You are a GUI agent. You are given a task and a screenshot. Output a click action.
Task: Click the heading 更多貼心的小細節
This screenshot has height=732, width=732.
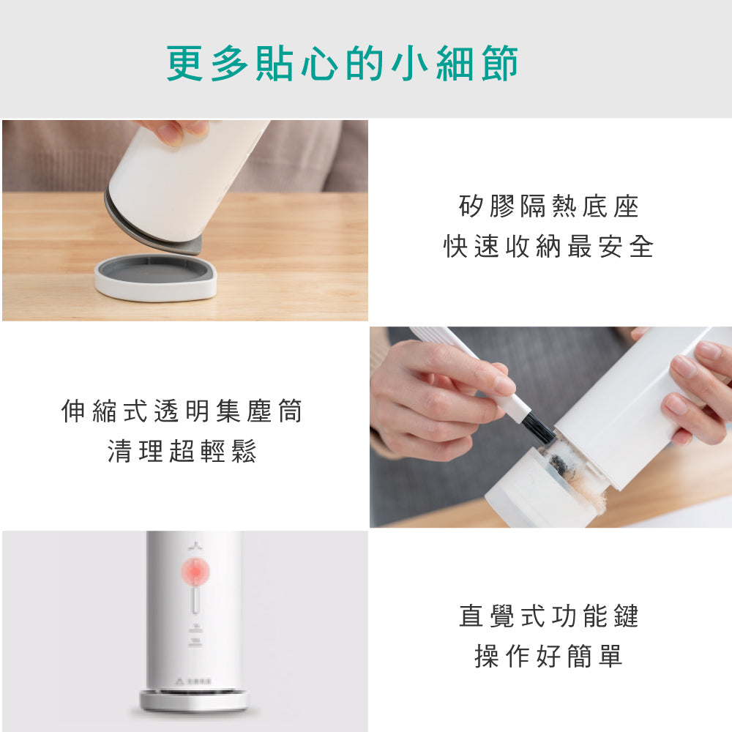tap(343, 63)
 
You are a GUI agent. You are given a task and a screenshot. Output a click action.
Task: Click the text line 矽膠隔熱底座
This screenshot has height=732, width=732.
tap(548, 207)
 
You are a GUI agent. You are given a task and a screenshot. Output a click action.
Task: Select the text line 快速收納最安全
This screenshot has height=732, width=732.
tap(548, 247)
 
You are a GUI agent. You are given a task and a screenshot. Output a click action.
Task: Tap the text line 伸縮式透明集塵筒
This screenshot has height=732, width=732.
tap(182, 412)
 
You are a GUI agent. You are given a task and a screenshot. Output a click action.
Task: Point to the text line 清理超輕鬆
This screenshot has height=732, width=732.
tap(182, 452)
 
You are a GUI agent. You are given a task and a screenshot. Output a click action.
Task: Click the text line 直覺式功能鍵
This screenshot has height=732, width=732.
tap(548, 616)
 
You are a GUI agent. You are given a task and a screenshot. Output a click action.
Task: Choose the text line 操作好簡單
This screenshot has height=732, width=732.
tap(548, 656)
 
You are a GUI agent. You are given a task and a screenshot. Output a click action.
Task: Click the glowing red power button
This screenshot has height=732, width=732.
tap(196, 572)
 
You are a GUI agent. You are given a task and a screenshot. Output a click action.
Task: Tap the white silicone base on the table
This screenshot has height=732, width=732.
tap(156, 279)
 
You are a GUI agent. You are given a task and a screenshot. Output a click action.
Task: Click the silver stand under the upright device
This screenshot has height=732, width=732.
tap(194, 701)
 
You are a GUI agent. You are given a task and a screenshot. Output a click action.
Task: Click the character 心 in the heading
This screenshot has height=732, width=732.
tap(318, 63)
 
